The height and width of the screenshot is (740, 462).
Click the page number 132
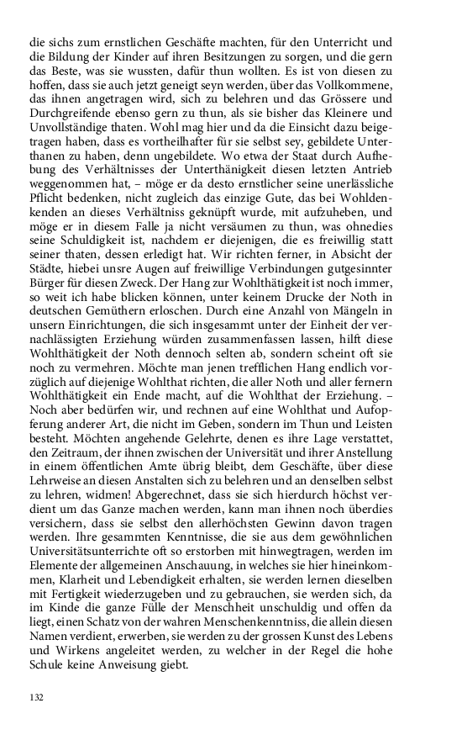click(x=36, y=697)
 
